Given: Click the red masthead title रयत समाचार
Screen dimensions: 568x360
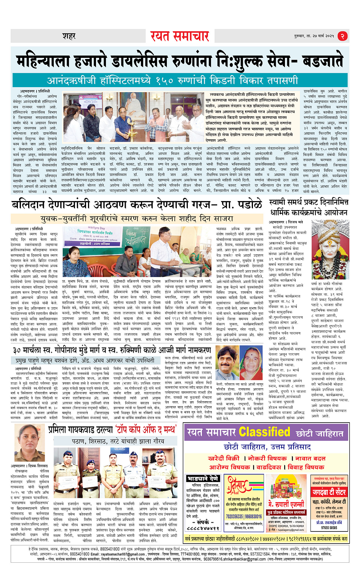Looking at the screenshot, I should click(179, 36).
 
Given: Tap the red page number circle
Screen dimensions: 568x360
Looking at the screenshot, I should click(342, 36).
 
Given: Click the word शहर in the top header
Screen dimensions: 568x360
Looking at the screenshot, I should click(69, 36).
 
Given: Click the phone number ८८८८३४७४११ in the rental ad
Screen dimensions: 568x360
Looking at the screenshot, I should click(203, 528).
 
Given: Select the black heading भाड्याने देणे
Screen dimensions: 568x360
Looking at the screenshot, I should click(203, 479).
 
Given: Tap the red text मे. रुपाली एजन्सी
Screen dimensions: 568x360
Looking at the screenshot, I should click(286, 503).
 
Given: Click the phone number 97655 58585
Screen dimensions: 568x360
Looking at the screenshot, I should click(329, 528).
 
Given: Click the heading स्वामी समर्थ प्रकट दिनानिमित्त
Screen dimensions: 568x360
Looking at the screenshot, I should click(309, 202).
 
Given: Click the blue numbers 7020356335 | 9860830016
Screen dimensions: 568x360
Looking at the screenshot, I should click(244, 517).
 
